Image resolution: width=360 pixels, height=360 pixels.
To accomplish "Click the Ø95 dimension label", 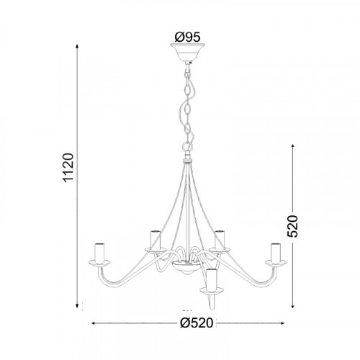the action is click(187, 37).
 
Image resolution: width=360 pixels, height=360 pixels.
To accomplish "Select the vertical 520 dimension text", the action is click(292, 226).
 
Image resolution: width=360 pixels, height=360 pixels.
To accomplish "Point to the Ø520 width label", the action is click(197, 323).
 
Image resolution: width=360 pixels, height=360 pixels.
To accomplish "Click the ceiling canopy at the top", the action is click(187, 52).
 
